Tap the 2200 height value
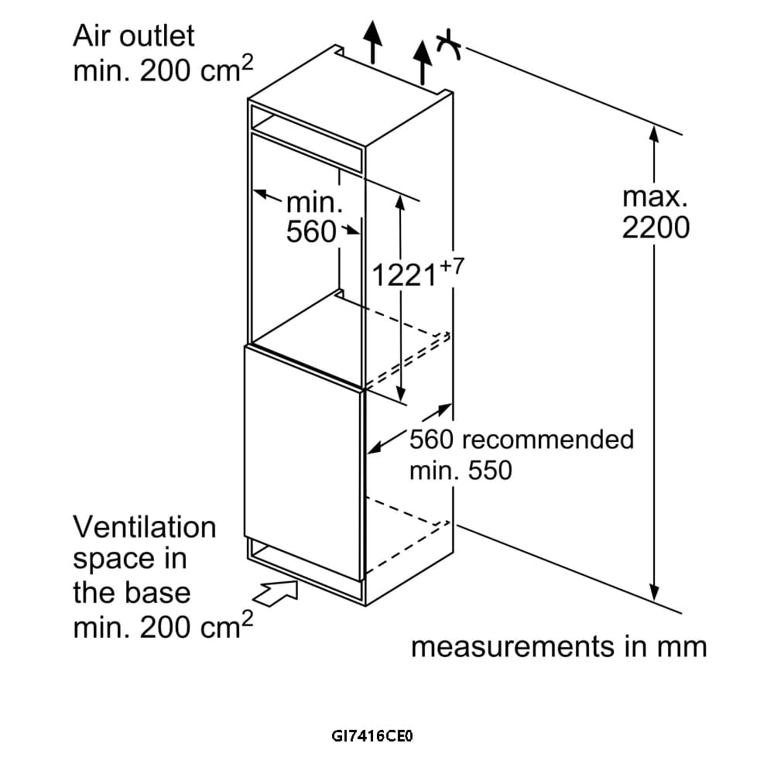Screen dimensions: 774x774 (x=656, y=228)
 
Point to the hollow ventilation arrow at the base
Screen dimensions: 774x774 (x=276, y=594)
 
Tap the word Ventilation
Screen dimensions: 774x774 (x=145, y=527)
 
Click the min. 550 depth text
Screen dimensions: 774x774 (x=461, y=470)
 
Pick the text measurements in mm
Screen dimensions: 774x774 (x=559, y=647)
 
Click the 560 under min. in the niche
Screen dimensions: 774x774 (x=311, y=231)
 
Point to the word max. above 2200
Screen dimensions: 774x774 (x=655, y=196)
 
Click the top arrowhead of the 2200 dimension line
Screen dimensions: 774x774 (x=655, y=135)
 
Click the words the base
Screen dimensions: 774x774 (x=132, y=593)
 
